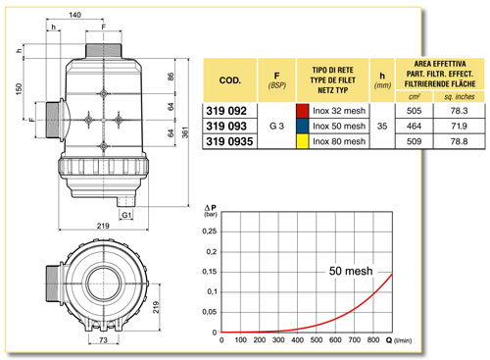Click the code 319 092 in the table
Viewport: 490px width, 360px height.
coord(226,111)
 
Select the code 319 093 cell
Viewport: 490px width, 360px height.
coord(226,127)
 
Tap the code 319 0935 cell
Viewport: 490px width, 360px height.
coord(229,141)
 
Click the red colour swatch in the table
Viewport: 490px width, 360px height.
coord(303,111)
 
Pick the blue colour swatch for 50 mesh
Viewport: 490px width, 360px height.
coord(303,126)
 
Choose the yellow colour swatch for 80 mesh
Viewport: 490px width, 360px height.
coord(303,141)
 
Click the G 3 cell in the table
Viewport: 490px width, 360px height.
coord(276,126)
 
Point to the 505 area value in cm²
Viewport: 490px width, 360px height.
coord(414,111)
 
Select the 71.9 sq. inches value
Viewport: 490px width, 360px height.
coord(459,126)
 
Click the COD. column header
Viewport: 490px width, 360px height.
coord(230,80)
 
